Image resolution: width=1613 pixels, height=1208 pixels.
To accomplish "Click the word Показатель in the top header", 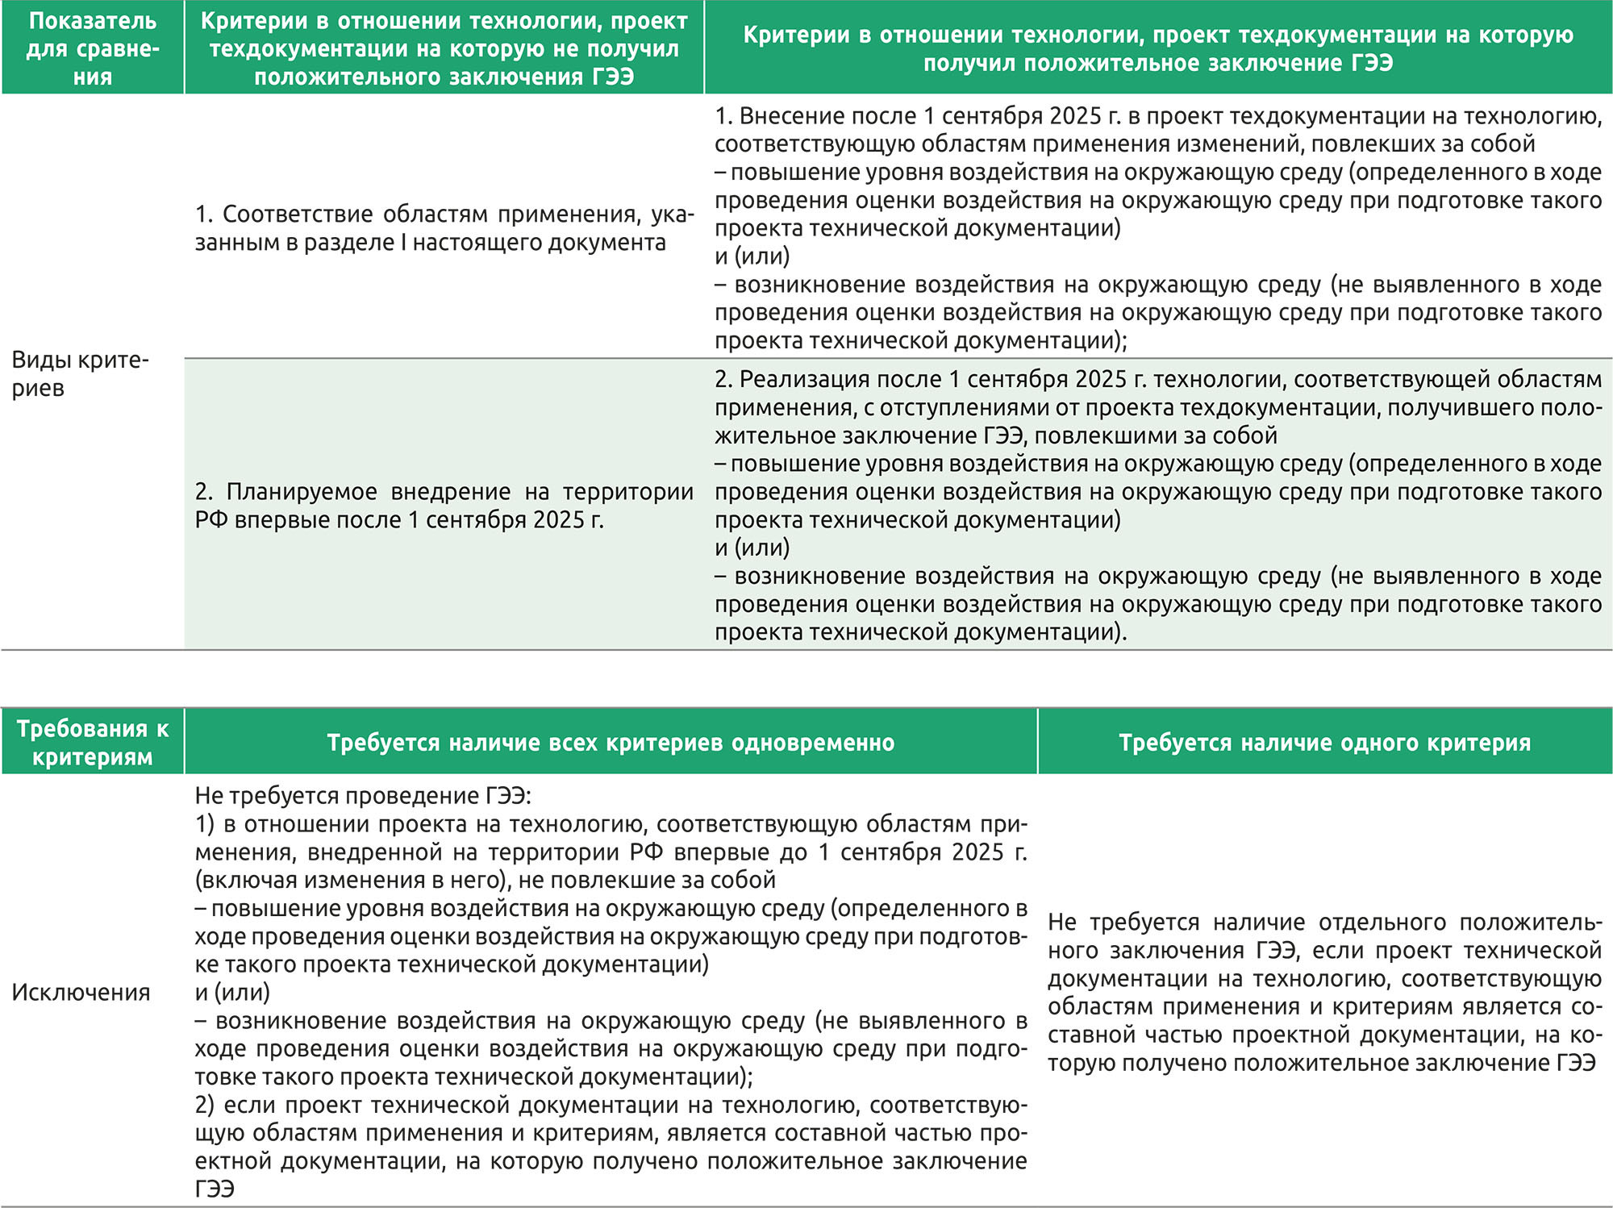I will click(x=93, y=21).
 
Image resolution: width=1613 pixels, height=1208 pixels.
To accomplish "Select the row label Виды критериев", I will click(x=80, y=373).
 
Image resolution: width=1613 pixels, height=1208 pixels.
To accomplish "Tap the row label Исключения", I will click(x=81, y=992).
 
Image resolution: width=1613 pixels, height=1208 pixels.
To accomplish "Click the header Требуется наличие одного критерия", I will click(x=1324, y=743).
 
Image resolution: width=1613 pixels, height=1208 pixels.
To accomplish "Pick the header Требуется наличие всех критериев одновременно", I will click(x=611, y=743).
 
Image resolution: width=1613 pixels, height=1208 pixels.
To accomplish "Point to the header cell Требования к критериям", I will click(x=93, y=743).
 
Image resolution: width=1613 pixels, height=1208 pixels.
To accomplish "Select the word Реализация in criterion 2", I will click(x=799, y=379).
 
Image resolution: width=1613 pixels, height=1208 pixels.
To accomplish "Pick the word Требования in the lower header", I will click(x=81, y=729).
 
